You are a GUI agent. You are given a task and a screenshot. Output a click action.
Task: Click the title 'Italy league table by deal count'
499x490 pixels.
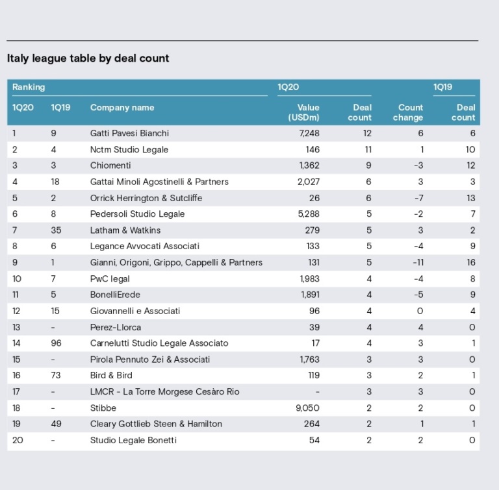pos(88,58)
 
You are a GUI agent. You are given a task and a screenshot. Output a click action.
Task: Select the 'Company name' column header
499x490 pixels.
pos(122,108)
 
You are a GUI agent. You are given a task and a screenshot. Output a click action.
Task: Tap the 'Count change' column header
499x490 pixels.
pos(407,112)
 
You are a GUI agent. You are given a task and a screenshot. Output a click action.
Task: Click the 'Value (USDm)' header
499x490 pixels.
pos(303,112)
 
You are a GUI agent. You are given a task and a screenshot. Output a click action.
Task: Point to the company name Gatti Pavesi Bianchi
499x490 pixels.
pos(129,133)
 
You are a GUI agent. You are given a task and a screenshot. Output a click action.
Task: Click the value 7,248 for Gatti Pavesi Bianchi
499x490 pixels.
pos(309,133)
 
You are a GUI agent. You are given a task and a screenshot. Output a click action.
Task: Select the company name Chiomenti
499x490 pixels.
pos(110,165)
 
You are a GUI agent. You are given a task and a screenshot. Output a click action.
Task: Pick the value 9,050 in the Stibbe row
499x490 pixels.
pos(307,408)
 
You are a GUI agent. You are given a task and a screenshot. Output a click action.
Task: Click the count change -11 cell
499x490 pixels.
pos(418,262)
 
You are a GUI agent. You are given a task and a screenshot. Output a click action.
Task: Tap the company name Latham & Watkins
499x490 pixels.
pos(125,230)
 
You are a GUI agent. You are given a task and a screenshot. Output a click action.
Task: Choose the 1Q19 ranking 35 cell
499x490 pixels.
pos(56,230)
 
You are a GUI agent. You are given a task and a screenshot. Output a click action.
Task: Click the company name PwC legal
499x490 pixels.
pos(110,279)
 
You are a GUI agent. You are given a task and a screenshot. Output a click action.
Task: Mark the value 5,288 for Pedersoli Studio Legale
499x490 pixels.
pos(309,214)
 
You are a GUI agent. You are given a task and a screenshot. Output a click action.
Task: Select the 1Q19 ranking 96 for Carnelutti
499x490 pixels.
pos(56,343)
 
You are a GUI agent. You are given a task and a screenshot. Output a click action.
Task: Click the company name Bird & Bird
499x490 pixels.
pos(111,376)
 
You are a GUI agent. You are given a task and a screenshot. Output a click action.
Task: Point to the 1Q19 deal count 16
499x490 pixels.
pos(471,262)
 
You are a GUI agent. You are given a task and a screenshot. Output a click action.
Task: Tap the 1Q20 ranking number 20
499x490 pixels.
pos(18,441)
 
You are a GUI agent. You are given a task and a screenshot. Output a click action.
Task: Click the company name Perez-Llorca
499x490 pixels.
pos(116,328)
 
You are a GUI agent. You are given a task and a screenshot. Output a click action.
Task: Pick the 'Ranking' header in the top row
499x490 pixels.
pos(29,87)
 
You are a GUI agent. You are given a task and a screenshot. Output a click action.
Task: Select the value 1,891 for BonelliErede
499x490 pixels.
pos(311,295)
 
